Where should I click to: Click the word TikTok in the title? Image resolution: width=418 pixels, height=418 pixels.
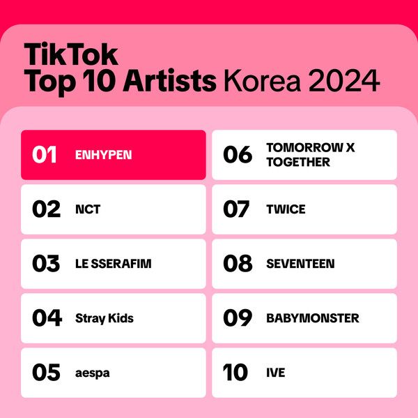pyautogui.click(x=71, y=54)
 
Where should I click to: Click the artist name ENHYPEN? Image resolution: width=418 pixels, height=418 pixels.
pyautogui.click(x=102, y=155)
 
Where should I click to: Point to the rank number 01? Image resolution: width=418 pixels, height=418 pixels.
pyautogui.click(x=45, y=155)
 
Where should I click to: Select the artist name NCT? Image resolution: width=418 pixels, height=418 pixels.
pyautogui.click(x=88, y=209)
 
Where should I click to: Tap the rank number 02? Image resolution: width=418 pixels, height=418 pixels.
pyautogui.click(x=47, y=209)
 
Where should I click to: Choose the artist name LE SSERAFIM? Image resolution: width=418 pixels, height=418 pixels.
pyautogui.click(x=113, y=264)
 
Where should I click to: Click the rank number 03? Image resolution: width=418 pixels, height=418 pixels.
pyautogui.click(x=47, y=264)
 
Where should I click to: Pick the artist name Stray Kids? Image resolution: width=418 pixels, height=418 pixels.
pyautogui.click(x=104, y=318)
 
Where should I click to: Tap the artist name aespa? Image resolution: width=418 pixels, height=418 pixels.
pyautogui.click(x=93, y=373)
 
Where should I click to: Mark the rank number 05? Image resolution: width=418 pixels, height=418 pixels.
pyautogui.click(x=47, y=373)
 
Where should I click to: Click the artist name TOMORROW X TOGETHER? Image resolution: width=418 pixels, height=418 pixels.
pyautogui.click(x=310, y=155)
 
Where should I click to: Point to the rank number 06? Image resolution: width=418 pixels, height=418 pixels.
pyautogui.click(x=238, y=155)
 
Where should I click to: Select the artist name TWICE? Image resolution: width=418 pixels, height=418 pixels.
pyautogui.click(x=286, y=209)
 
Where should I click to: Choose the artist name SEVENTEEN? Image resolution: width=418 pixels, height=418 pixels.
pyautogui.click(x=300, y=264)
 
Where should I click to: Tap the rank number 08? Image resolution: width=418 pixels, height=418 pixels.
pyautogui.click(x=238, y=264)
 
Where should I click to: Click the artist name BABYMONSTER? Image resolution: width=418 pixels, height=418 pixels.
pyautogui.click(x=313, y=318)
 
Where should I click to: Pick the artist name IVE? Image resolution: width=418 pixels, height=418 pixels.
pyautogui.click(x=276, y=373)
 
